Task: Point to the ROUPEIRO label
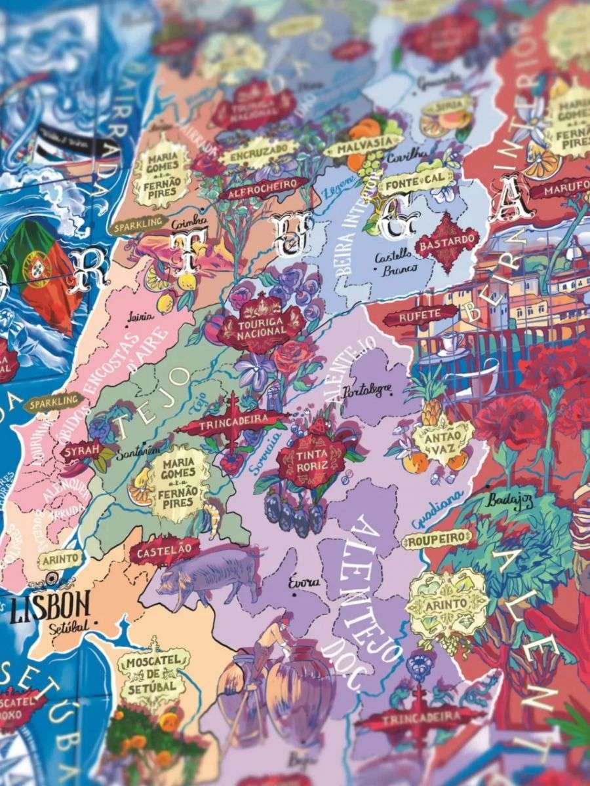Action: coord(437,539)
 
